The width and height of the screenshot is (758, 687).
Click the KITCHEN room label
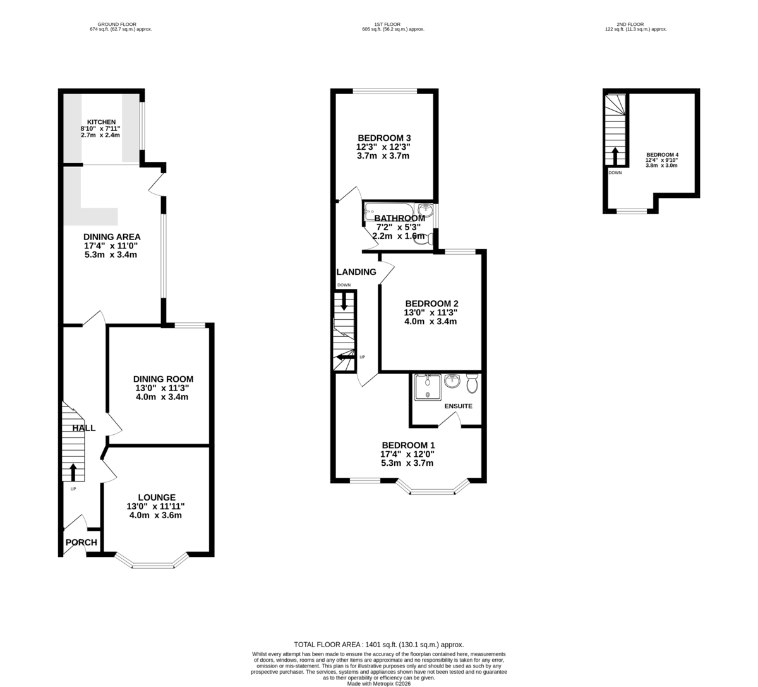(101, 122)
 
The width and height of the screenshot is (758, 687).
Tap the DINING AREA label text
(112, 237)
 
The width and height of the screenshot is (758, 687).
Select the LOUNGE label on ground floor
(155, 497)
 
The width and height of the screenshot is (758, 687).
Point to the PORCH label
(81, 542)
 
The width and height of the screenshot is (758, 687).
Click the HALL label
(84, 428)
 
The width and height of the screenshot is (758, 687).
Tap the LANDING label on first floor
(356, 272)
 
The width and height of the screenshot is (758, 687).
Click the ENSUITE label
(458, 406)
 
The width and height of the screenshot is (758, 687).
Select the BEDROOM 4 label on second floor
(662, 155)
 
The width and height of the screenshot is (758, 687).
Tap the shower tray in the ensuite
(428, 387)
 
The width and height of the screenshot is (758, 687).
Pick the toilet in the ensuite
(472, 382)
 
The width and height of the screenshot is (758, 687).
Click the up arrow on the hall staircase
(73, 471)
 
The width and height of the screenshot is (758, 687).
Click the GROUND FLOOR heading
(121, 24)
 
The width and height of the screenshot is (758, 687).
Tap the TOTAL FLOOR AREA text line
(379, 644)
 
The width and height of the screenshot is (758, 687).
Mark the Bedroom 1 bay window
(433, 490)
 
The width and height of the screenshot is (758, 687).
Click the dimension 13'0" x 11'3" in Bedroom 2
(430, 312)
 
